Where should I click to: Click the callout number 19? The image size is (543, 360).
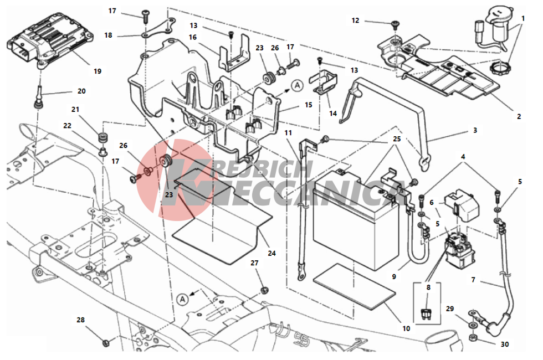[x=98, y=71]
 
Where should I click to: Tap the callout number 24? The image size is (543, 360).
[x=272, y=254]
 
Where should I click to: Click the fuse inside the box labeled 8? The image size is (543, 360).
[x=426, y=314]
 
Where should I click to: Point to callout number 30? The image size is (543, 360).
[x=505, y=344]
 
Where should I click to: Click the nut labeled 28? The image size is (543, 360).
[x=106, y=343]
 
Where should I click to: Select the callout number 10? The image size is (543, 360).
[x=406, y=328]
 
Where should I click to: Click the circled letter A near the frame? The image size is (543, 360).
[x=182, y=300]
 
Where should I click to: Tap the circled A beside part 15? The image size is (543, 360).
[x=297, y=85]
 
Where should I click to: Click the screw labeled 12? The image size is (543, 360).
[x=395, y=24]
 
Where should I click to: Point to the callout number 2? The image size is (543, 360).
[x=519, y=117]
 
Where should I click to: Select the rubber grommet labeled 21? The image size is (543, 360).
[x=102, y=136]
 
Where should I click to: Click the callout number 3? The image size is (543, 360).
[x=475, y=130]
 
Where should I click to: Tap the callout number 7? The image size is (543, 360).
[x=473, y=280]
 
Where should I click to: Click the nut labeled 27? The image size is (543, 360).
[x=264, y=290]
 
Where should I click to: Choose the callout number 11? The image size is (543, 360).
[x=288, y=133]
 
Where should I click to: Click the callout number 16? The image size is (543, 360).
[x=193, y=37]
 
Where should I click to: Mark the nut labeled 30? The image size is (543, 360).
[x=472, y=337]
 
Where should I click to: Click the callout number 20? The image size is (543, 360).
[x=81, y=91]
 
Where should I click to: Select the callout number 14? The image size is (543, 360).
[x=333, y=114]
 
